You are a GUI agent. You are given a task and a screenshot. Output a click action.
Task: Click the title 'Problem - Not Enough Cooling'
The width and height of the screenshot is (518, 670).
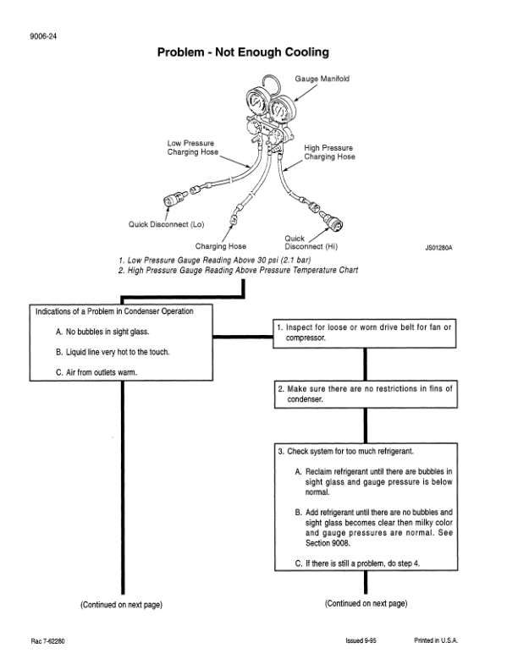243,53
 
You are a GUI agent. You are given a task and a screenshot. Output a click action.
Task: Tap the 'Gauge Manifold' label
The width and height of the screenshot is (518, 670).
322,79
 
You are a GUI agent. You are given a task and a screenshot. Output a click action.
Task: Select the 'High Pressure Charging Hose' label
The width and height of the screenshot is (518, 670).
329,152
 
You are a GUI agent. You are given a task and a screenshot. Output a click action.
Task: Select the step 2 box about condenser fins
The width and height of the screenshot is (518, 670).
365,393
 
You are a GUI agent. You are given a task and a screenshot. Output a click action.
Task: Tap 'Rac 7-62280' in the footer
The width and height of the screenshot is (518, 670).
43,641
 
